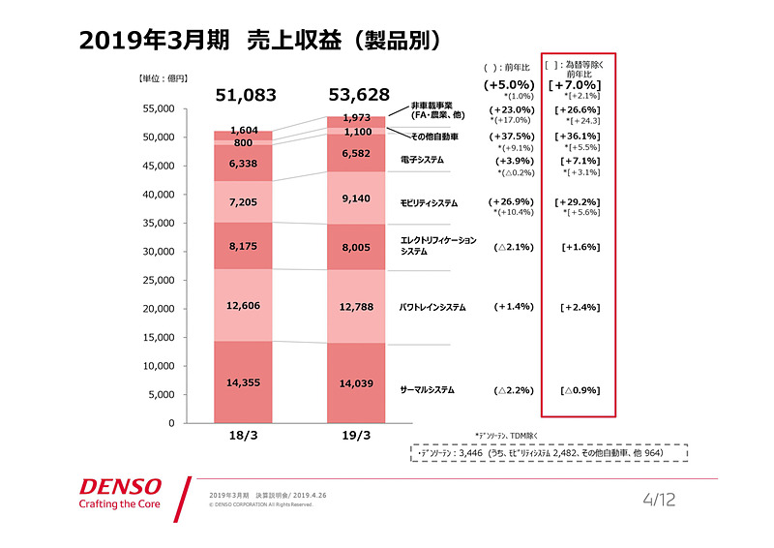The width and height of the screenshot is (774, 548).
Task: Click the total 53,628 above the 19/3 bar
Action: click(x=357, y=95)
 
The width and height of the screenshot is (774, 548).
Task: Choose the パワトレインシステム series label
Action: click(x=432, y=307)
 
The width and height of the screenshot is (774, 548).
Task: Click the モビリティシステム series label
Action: click(x=430, y=203)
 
